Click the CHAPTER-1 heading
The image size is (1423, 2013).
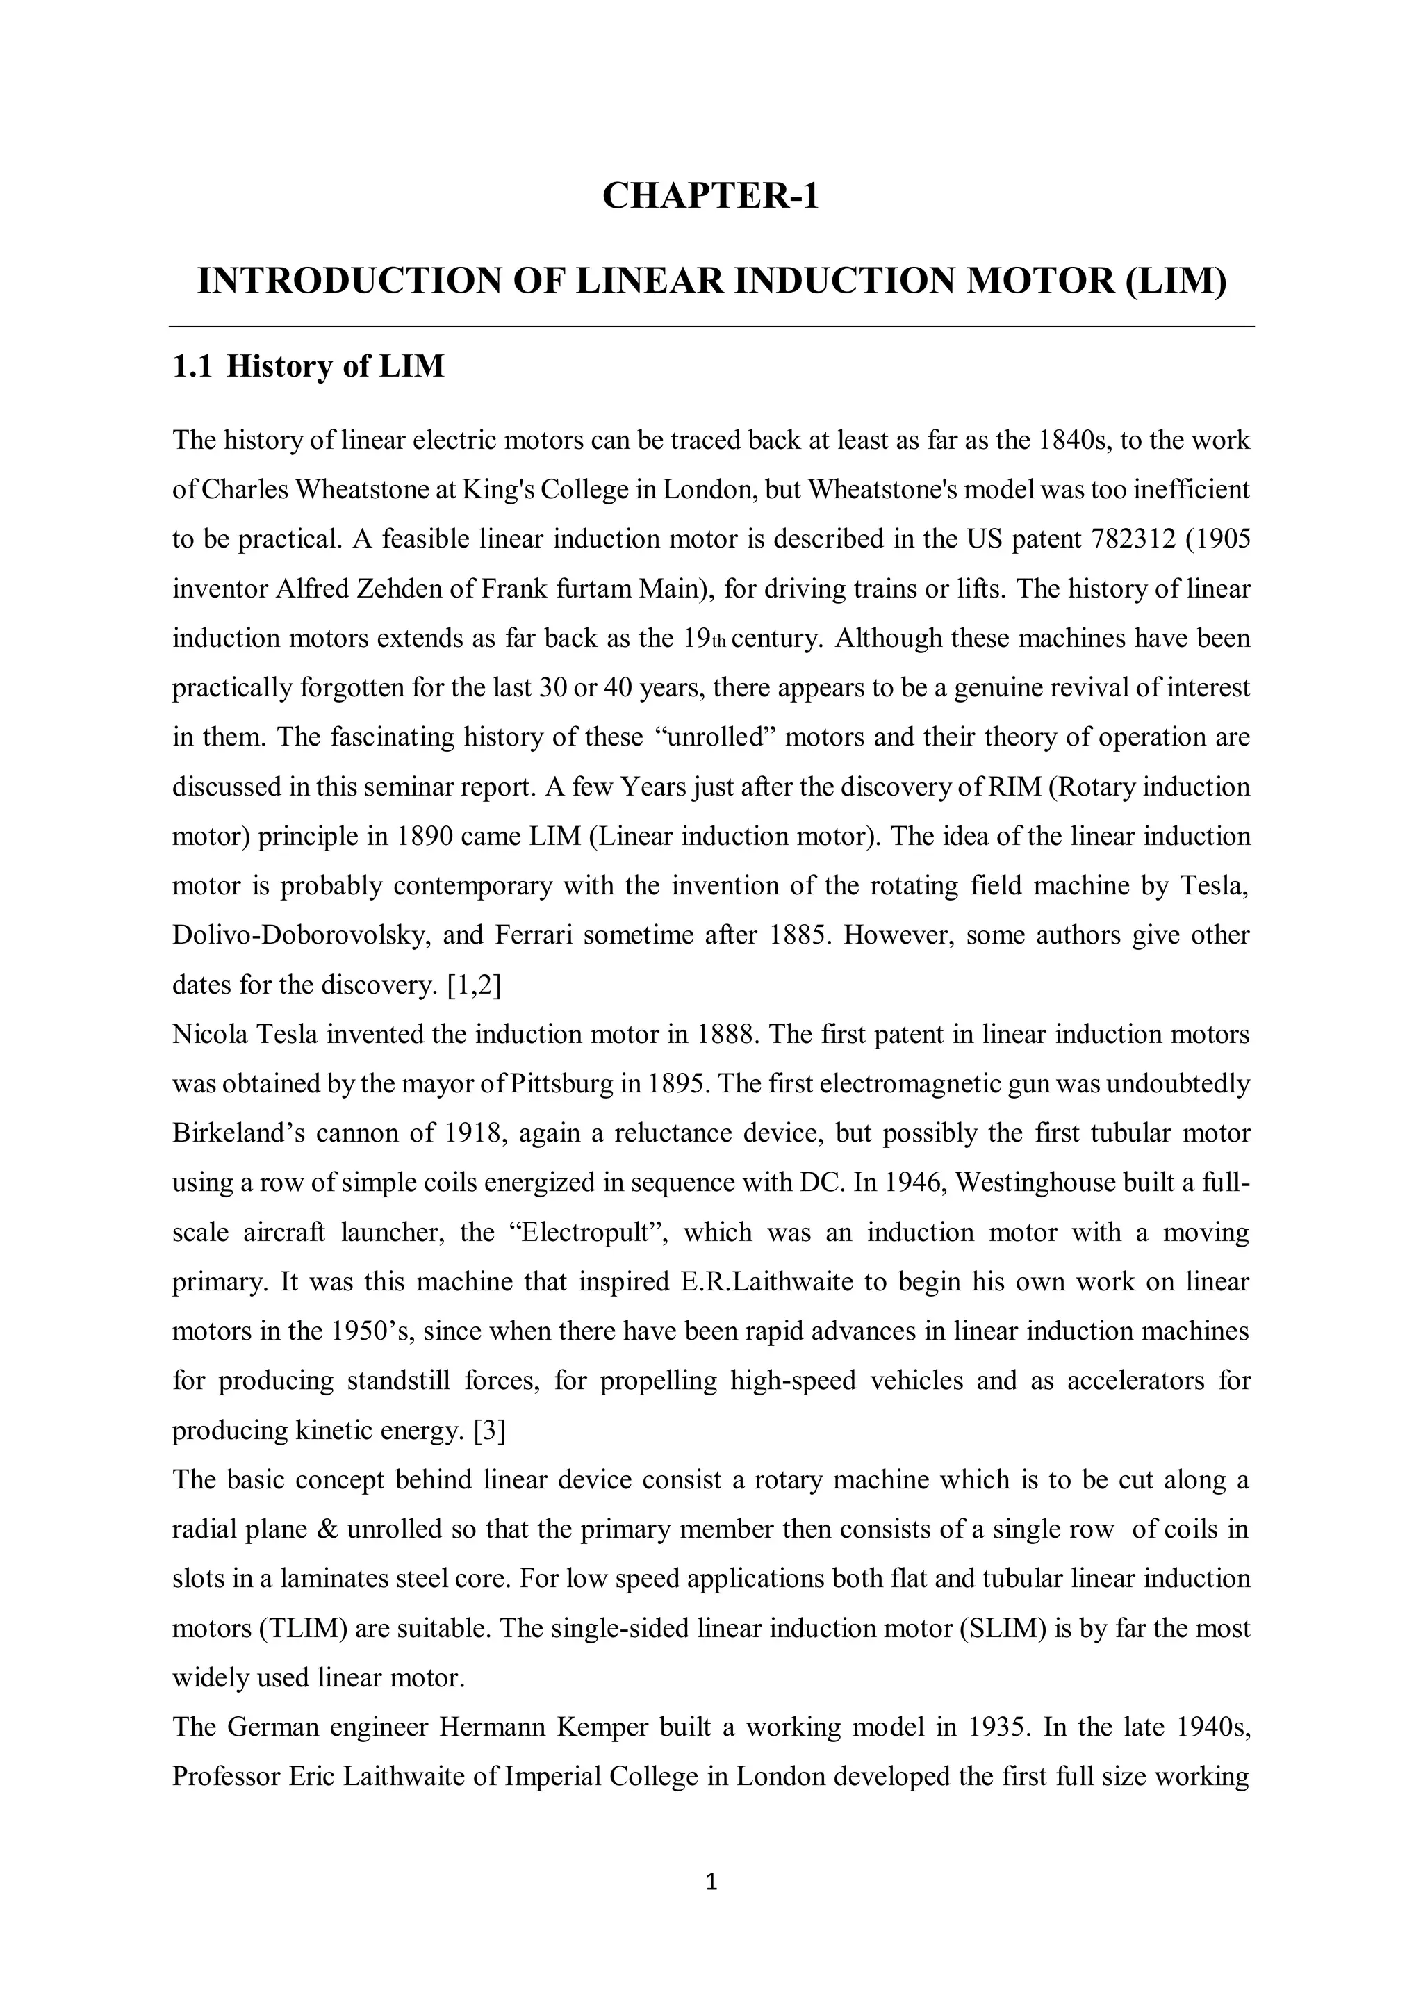pyautogui.click(x=710, y=195)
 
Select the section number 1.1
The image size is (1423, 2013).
pyautogui.click(x=192, y=366)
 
